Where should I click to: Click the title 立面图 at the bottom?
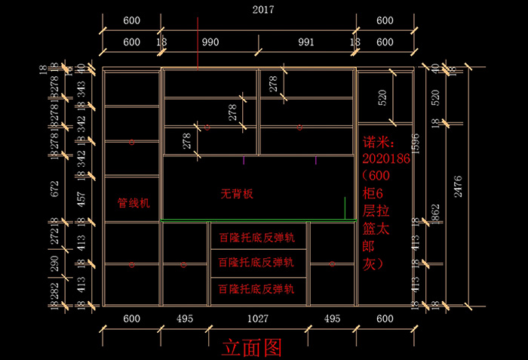(251, 346)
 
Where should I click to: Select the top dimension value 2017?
(263, 10)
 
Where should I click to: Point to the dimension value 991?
(306, 42)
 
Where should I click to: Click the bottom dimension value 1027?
(258, 319)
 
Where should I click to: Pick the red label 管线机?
(134, 203)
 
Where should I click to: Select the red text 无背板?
(237, 194)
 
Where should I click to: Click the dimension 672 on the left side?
(54, 189)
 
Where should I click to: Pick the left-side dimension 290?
(54, 263)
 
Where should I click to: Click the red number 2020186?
(385, 158)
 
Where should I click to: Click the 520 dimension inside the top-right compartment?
(382, 97)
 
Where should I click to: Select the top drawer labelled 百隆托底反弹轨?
(256, 237)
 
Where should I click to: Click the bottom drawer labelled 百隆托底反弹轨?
(256, 289)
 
